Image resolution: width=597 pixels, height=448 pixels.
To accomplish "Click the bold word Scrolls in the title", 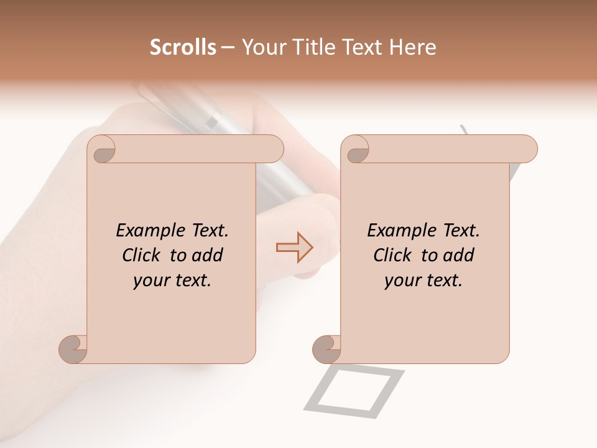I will point(183,47).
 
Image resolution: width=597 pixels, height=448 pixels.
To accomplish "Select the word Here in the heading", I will point(413,47).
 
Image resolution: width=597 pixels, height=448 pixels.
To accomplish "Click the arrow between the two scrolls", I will point(295,247).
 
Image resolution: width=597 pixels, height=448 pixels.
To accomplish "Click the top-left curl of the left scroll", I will point(102,150).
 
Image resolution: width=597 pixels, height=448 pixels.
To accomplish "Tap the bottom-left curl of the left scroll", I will point(73,348).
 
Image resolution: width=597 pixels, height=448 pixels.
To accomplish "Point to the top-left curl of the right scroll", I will point(356,150).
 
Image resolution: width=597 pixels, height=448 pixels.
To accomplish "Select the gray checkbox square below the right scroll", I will point(354,390).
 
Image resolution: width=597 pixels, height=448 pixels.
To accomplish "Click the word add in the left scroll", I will point(208,255).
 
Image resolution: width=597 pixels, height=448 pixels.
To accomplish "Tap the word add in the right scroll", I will point(459,255).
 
